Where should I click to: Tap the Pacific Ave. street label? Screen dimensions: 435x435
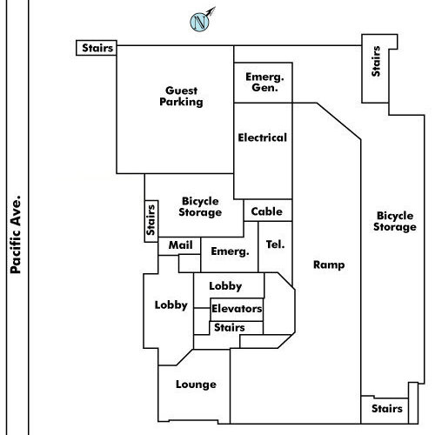pyautogui.click(x=16, y=235)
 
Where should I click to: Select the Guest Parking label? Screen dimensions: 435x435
pyautogui.click(x=181, y=97)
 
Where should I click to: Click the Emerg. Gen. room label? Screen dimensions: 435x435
pyautogui.click(x=264, y=82)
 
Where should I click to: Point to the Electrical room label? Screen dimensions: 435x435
pyautogui.click(x=263, y=137)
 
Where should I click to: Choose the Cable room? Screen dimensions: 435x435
pyautogui.click(x=268, y=211)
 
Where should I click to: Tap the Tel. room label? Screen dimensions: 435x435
pyautogui.click(x=275, y=244)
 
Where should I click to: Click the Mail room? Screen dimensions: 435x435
pyautogui.click(x=179, y=246)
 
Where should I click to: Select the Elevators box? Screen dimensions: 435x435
pyautogui.click(x=237, y=310)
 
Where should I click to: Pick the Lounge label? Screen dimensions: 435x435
pyautogui.click(x=196, y=385)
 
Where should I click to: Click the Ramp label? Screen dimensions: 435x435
pyautogui.click(x=329, y=264)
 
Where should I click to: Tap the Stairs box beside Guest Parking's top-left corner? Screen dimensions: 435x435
pyautogui.click(x=97, y=48)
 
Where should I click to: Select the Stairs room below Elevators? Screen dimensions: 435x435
pyautogui.click(x=237, y=328)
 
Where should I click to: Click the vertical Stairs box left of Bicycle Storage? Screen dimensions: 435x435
pyautogui.click(x=151, y=221)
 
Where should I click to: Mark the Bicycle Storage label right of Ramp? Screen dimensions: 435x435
pyautogui.click(x=395, y=221)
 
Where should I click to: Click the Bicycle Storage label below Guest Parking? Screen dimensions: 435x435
pyautogui.click(x=200, y=207)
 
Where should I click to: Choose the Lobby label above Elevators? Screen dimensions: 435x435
pyautogui.click(x=225, y=286)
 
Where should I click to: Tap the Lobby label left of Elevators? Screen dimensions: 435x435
pyautogui.click(x=171, y=305)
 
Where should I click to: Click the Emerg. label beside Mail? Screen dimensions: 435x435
pyautogui.click(x=230, y=251)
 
